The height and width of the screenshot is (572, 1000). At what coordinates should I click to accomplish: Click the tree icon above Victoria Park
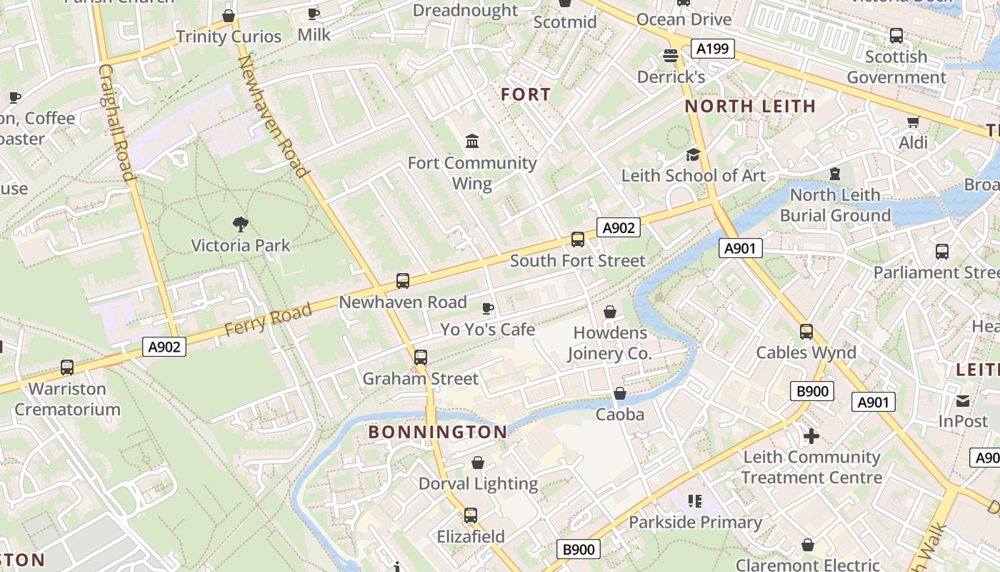point(241,225)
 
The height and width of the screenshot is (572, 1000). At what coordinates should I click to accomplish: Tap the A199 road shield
point(712,49)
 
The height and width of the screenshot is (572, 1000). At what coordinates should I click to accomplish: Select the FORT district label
point(526,94)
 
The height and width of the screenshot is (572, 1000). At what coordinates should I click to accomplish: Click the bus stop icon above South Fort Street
point(577,240)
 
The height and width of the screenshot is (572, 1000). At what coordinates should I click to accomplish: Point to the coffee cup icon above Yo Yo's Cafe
point(488,308)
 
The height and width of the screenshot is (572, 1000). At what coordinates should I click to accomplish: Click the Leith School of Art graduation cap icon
point(693,154)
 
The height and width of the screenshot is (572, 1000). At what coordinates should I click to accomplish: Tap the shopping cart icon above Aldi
point(913,122)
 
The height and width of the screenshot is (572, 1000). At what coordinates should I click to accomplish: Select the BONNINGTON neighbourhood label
point(438,432)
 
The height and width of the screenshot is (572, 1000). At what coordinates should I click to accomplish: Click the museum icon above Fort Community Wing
point(472,142)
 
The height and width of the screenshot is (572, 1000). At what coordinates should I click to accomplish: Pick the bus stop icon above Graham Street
point(421,357)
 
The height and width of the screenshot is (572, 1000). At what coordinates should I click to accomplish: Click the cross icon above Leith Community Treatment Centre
point(811,435)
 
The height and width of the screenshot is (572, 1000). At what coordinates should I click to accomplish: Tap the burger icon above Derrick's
point(670,55)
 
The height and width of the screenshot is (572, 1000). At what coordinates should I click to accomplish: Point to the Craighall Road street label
point(116,123)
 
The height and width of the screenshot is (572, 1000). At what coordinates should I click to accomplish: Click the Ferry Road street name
point(268,320)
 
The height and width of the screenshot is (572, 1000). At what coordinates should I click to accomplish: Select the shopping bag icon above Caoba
point(620,393)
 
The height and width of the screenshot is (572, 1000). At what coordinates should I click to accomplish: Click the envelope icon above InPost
point(963,400)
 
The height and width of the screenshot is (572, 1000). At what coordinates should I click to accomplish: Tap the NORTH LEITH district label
point(750,107)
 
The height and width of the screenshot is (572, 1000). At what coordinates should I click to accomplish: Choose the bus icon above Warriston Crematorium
point(67,368)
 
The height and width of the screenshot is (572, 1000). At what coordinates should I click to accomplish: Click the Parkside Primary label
point(695,523)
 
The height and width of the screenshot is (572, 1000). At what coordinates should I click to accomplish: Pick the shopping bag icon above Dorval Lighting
point(478,463)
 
